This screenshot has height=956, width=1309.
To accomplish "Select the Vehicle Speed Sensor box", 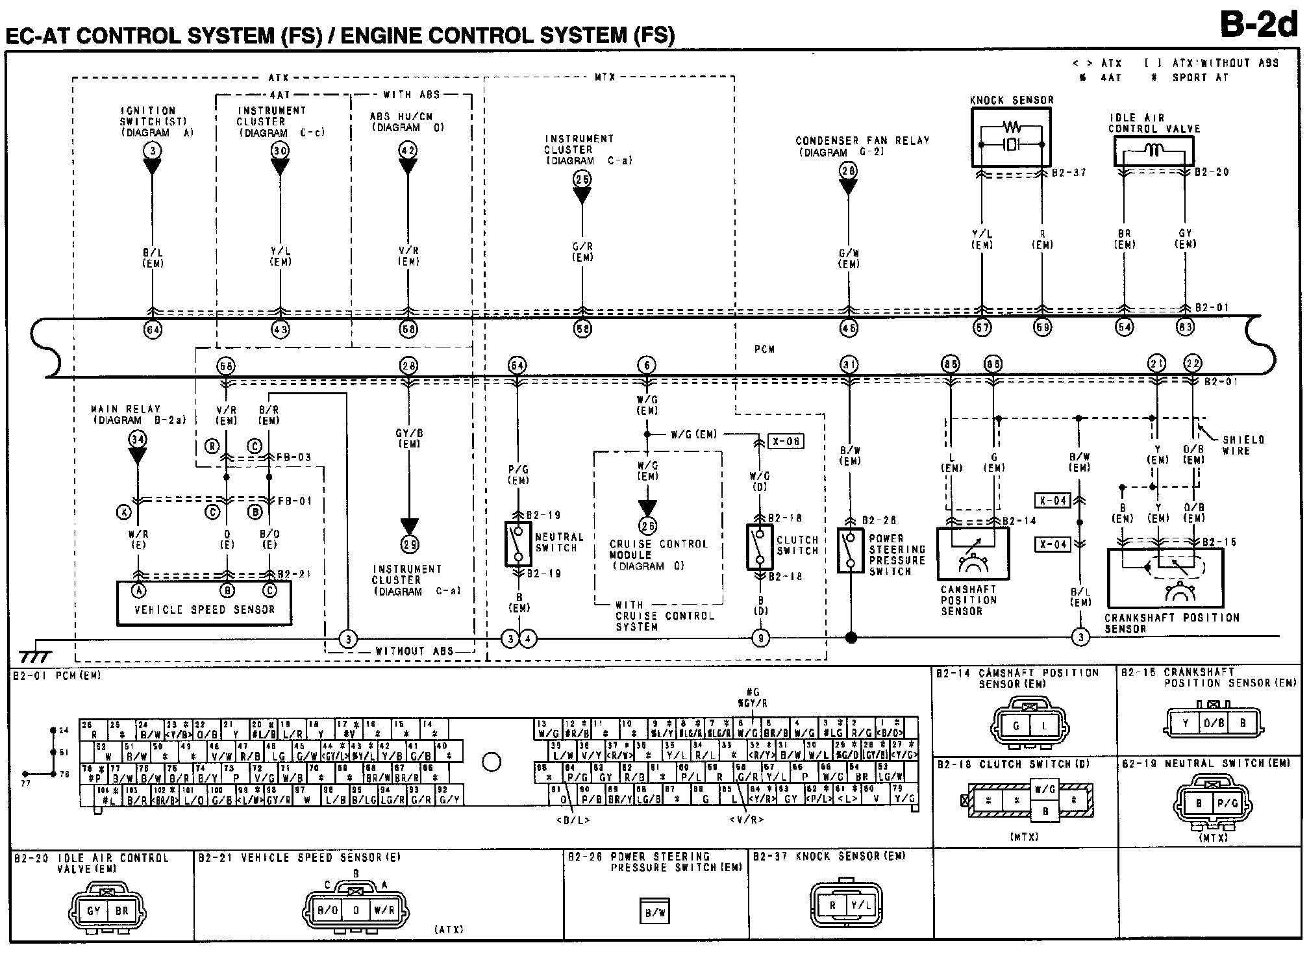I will tap(204, 603).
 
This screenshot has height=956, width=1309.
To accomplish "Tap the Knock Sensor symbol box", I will tap(1010, 138).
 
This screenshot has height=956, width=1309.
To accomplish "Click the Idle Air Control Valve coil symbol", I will tap(1153, 152).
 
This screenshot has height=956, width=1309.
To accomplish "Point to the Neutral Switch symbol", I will tap(518, 543).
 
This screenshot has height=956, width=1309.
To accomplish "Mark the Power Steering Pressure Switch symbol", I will tap(849, 550).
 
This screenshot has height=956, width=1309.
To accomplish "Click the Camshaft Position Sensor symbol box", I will tap(973, 553).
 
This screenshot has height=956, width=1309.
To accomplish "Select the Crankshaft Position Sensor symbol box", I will tap(1164, 577).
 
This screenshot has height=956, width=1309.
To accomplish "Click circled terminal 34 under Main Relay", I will tap(138, 439).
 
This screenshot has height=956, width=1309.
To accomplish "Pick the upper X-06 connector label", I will tap(786, 442).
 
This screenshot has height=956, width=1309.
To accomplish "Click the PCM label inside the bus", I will tap(764, 349).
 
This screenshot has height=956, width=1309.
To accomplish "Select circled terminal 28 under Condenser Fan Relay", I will tap(848, 170).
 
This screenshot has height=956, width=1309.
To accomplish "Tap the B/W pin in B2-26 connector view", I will tap(654, 912).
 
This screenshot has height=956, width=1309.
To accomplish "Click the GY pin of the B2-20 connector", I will tap(93, 911).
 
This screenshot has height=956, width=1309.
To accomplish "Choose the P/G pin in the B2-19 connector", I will tap(1227, 803).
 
